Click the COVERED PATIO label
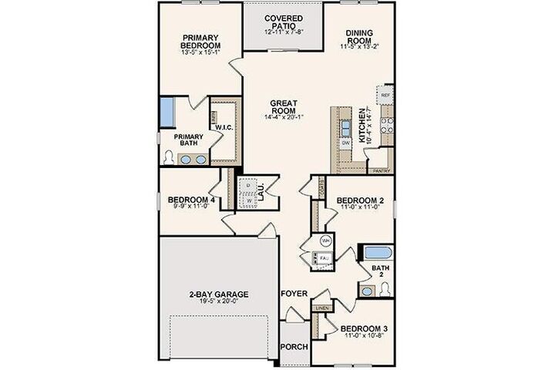click(284, 22)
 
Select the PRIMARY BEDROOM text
click(201, 41)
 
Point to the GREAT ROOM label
click(284, 107)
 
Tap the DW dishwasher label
click(346, 143)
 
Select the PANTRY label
click(379, 171)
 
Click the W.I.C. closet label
click(224, 126)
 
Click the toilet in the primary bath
click(169, 157)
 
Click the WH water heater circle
click(326, 240)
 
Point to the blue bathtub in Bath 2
click(377, 253)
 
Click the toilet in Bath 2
click(385, 289)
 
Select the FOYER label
click(294, 294)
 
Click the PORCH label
click(294, 346)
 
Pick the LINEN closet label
click(321, 309)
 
